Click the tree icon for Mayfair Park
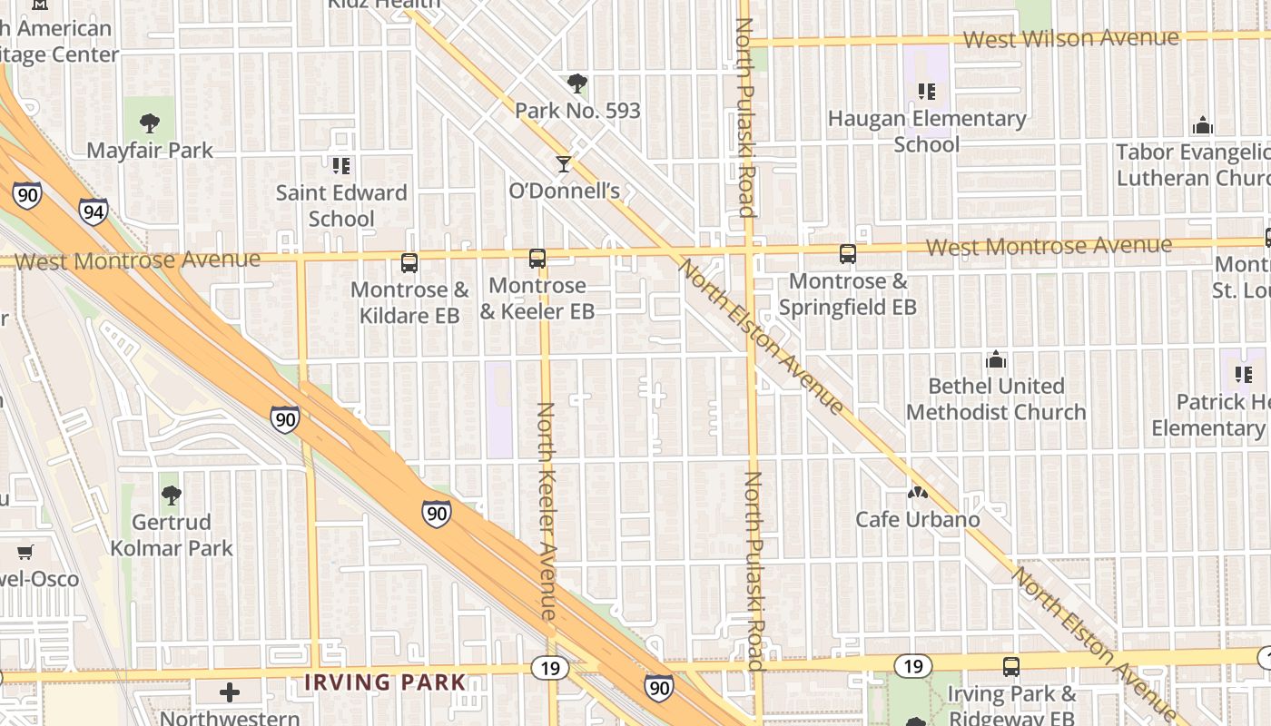point(151,123)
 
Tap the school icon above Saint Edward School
point(341,165)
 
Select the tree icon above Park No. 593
point(576,83)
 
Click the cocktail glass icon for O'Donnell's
point(564,164)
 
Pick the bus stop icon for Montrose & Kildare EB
point(409,263)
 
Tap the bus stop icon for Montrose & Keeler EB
point(537,259)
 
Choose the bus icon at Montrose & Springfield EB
point(848,254)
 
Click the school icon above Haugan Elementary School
point(926,91)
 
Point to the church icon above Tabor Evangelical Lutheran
point(1203,124)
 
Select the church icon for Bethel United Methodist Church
point(996,359)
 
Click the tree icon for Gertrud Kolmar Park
point(171,495)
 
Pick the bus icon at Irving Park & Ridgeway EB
point(1011,667)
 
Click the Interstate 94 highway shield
point(93,211)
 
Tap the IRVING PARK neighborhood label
point(385,682)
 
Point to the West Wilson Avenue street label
point(1070,39)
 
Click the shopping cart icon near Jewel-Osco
point(25,552)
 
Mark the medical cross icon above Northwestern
point(230,693)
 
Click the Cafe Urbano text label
point(918,519)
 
